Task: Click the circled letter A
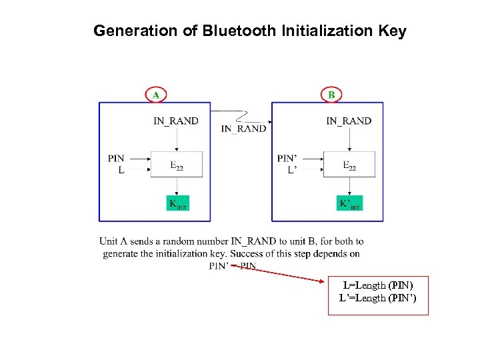155,95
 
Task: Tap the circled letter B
331,95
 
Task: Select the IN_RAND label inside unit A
176,121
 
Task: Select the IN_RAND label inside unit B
349,121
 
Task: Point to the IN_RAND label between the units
243,129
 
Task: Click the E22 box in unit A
177,165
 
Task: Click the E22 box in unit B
349,165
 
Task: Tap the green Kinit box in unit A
177,203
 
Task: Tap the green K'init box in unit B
350,203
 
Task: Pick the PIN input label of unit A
116,159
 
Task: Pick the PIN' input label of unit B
287,159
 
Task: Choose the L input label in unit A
121,171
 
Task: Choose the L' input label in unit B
292,171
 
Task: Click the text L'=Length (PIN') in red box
377,298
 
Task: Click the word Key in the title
392,31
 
